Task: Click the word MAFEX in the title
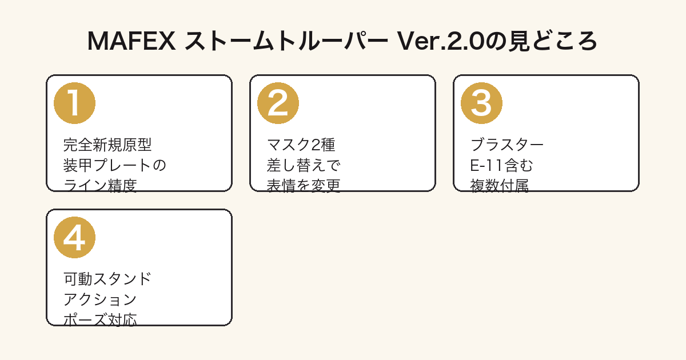(x=131, y=41)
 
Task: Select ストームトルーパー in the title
(x=286, y=41)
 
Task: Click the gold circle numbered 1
(x=74, y=103)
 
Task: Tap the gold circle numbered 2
(x=278, y=103)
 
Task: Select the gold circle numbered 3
(x=481, y=103)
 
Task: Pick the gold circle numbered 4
(x=74, y=238)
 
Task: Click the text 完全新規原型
(x=107, y=145)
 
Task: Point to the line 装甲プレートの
(x=114, y=165)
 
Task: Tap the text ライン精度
(x=100, y=186)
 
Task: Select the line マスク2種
(x=301, y=145)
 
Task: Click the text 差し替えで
(x=304, y=165)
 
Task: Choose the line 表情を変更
(x=304, y=186)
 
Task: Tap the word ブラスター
(x=507, y=145)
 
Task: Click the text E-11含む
(x=501, y=165)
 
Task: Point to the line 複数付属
(x=500, y=186)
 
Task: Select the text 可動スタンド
(x=107, y=279)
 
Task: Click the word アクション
(x=100, y=299)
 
